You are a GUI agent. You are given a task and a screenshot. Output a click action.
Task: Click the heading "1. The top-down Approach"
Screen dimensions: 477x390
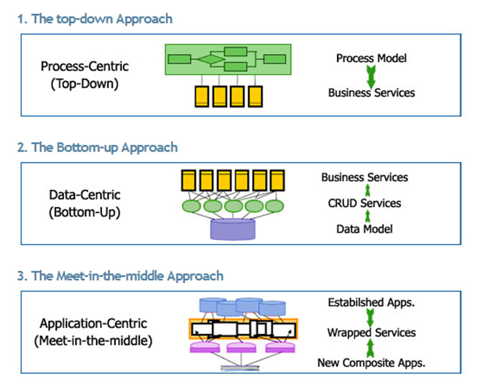tap(95, 19)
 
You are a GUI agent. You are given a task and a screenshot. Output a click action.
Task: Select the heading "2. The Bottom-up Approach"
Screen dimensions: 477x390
tap(97, 147)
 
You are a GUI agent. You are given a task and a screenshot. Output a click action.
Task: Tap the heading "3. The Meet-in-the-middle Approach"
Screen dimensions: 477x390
tap(120, 276)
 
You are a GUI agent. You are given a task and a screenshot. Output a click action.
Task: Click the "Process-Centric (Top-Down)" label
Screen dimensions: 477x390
tap(85, 75)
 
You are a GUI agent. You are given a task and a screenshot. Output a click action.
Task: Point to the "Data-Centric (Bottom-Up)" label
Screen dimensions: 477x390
tap(85, 204)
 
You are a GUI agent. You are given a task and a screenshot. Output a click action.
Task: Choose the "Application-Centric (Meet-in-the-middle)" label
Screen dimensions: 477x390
tap(93, 332)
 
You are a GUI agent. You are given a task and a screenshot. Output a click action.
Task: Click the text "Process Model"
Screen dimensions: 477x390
tap(371, 58)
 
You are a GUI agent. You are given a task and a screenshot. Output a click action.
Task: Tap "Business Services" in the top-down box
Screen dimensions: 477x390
tap(371, 93)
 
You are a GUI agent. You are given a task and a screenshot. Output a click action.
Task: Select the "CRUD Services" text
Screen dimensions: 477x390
tap(364, 203)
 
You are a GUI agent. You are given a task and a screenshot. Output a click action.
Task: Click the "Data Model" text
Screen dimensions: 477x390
tap(364, 229)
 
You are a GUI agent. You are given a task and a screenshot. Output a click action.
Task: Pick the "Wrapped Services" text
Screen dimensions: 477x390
tap(371, 333)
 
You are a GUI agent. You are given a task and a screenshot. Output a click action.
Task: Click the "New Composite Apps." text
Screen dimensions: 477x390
tap(371, 362)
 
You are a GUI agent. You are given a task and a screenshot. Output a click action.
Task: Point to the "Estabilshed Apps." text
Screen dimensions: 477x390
tap(371, 303)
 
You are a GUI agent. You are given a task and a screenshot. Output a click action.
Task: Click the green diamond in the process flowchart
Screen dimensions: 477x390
tap(211, 59)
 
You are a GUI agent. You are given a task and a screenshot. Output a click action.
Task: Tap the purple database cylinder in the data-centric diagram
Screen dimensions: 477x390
tap(233, 229)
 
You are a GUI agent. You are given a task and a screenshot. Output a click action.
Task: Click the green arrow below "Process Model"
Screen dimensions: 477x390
tap(371, 77)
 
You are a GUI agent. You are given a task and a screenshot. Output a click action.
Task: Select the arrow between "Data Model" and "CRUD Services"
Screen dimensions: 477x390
tap(368, 216)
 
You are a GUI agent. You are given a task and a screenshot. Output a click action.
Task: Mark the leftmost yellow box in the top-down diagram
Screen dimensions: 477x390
tap(202, 97)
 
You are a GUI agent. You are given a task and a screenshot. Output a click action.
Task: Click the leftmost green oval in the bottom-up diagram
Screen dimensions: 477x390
tap(191, 206)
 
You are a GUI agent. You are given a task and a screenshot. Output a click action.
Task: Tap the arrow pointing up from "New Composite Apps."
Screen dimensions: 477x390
tap(370, 348)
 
